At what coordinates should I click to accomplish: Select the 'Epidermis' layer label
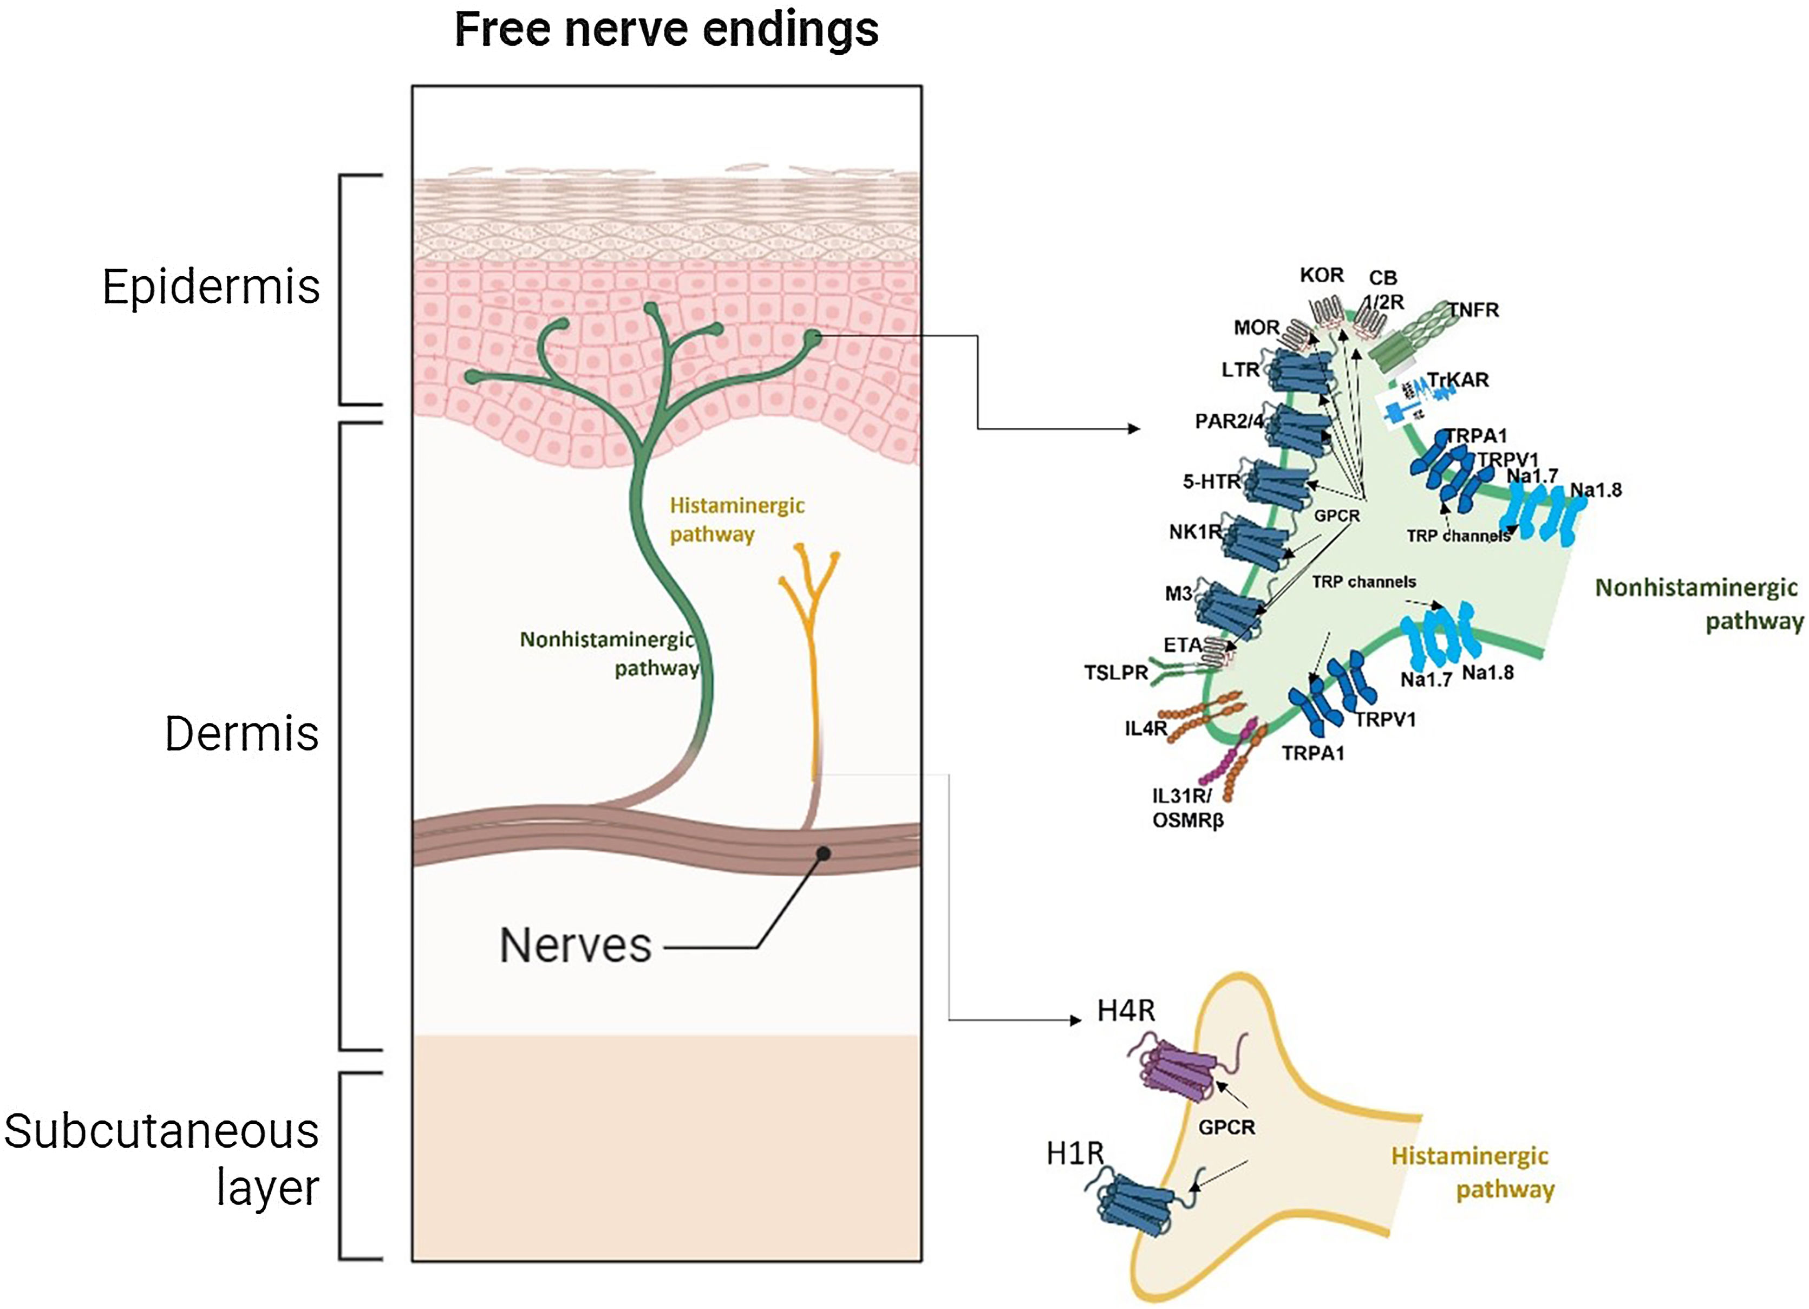click(211, 286)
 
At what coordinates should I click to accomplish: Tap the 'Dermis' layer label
click(241, 734)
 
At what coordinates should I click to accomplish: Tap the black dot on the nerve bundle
click(824, 854)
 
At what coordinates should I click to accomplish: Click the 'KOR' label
click(1322, 275)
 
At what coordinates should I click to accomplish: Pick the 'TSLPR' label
click(1115, 673)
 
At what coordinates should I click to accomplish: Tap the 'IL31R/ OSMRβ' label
click(1187, 807)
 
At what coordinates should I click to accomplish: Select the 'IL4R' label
click(1145, 727)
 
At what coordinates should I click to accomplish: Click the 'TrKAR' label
click(1458, 380)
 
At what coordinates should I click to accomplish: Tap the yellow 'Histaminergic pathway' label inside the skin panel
click(736, 519)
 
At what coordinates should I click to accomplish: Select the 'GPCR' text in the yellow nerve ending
click(1226, 1127)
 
